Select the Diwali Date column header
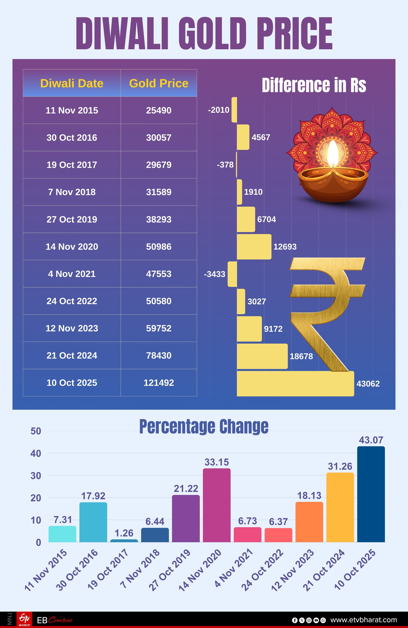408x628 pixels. pos(72,83)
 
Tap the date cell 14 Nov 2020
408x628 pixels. pos(72,246)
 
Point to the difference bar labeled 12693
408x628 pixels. pos(254,247)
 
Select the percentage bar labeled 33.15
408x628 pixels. pos(217,505)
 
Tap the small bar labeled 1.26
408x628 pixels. pos(124,541)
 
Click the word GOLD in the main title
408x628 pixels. pos(212,33)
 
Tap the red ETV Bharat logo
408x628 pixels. pos(24,619)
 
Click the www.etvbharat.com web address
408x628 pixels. pos(364,620)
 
